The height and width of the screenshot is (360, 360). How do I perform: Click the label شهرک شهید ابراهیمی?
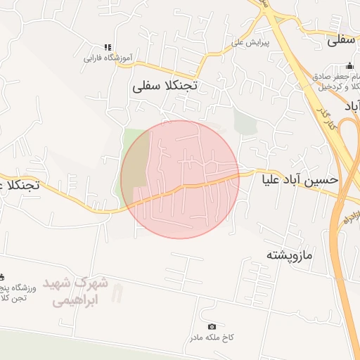coord(76,291)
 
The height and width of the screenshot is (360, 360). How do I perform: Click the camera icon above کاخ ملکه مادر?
coord(212,327)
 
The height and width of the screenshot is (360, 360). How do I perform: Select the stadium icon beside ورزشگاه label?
coord(2,277)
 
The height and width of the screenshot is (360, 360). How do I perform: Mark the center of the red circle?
coord(180,179)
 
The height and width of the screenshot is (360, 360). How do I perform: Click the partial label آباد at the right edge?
coord(352,106)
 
